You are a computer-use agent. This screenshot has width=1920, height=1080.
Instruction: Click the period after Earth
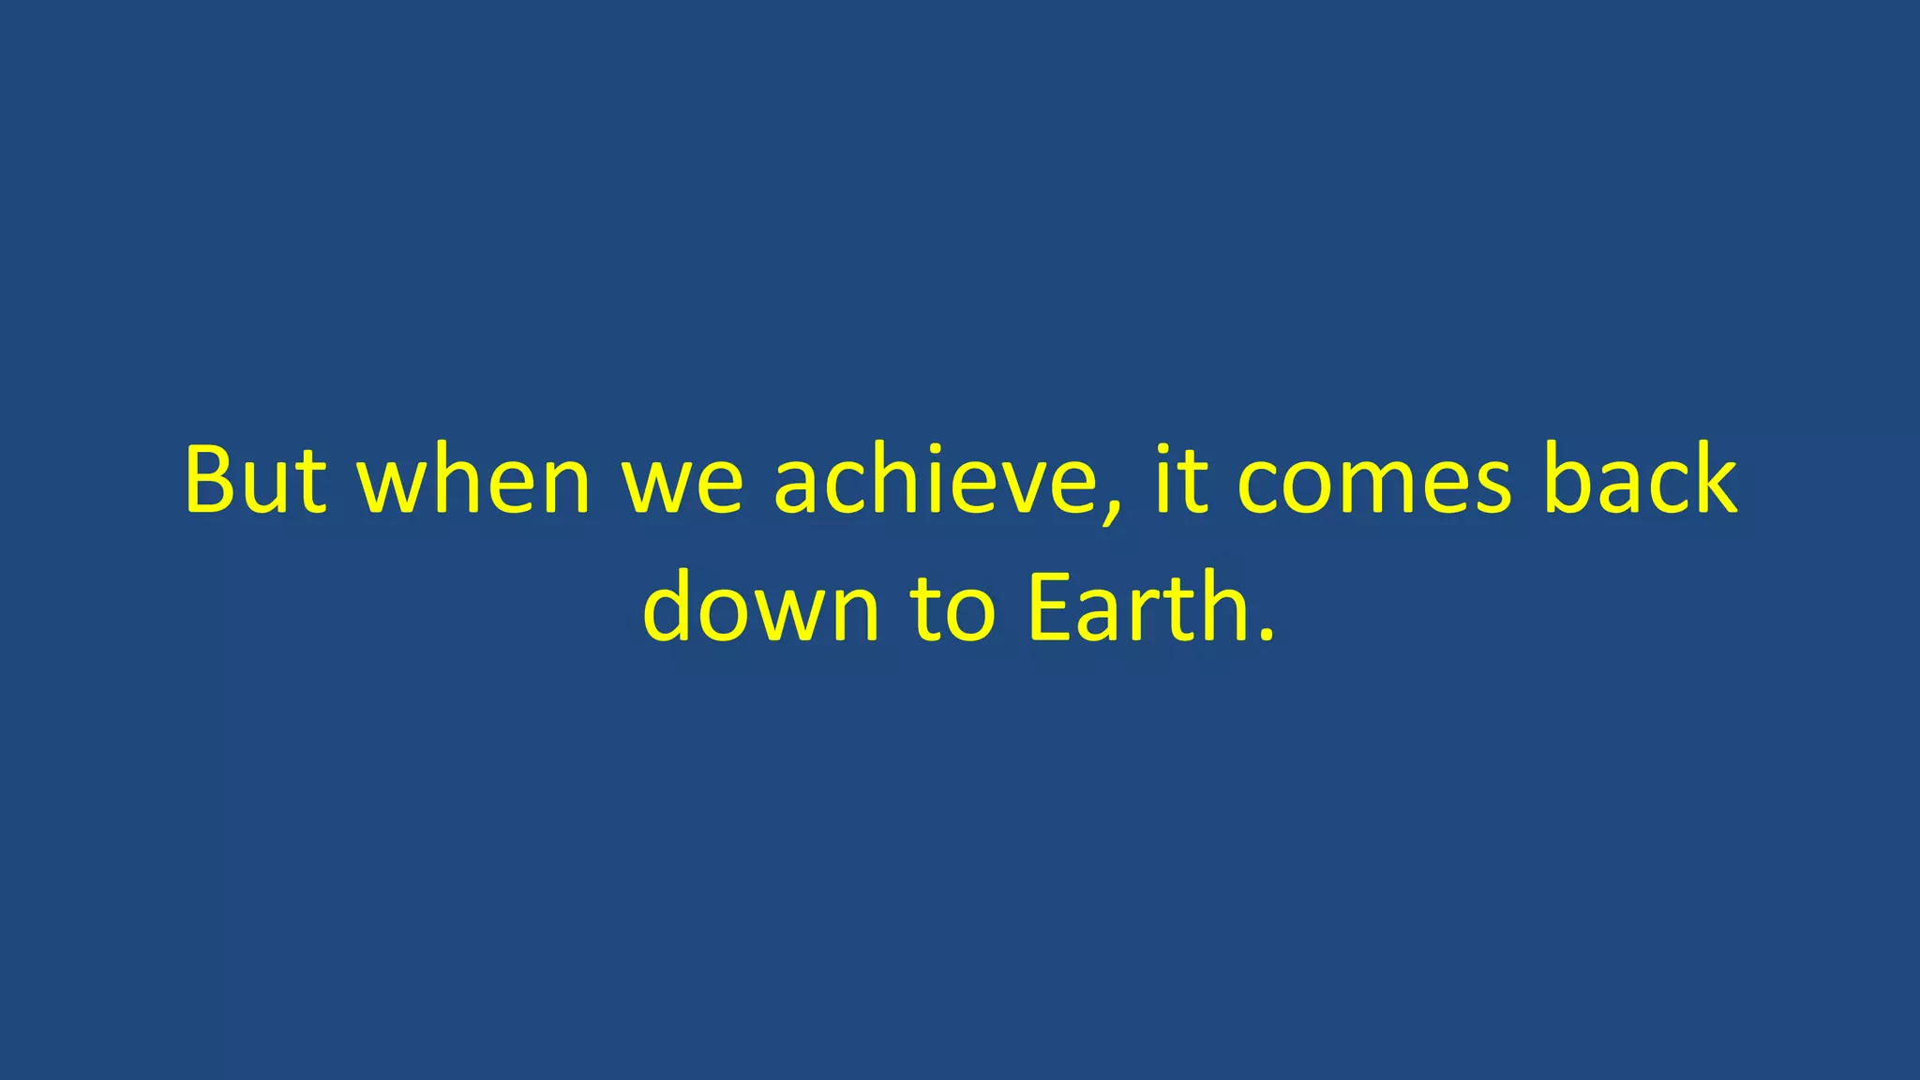click(1267, 636)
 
